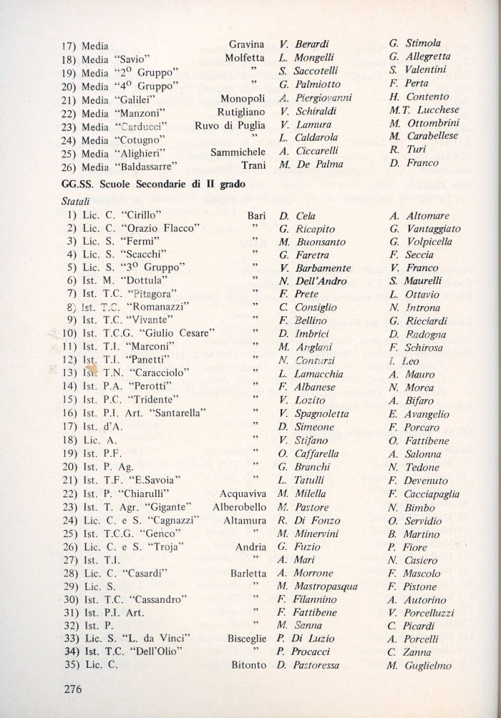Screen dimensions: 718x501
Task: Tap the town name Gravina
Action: click(247, 44)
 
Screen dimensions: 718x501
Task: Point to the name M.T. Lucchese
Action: click(424, 110)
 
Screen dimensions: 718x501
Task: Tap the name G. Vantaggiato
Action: click(425, 228)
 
